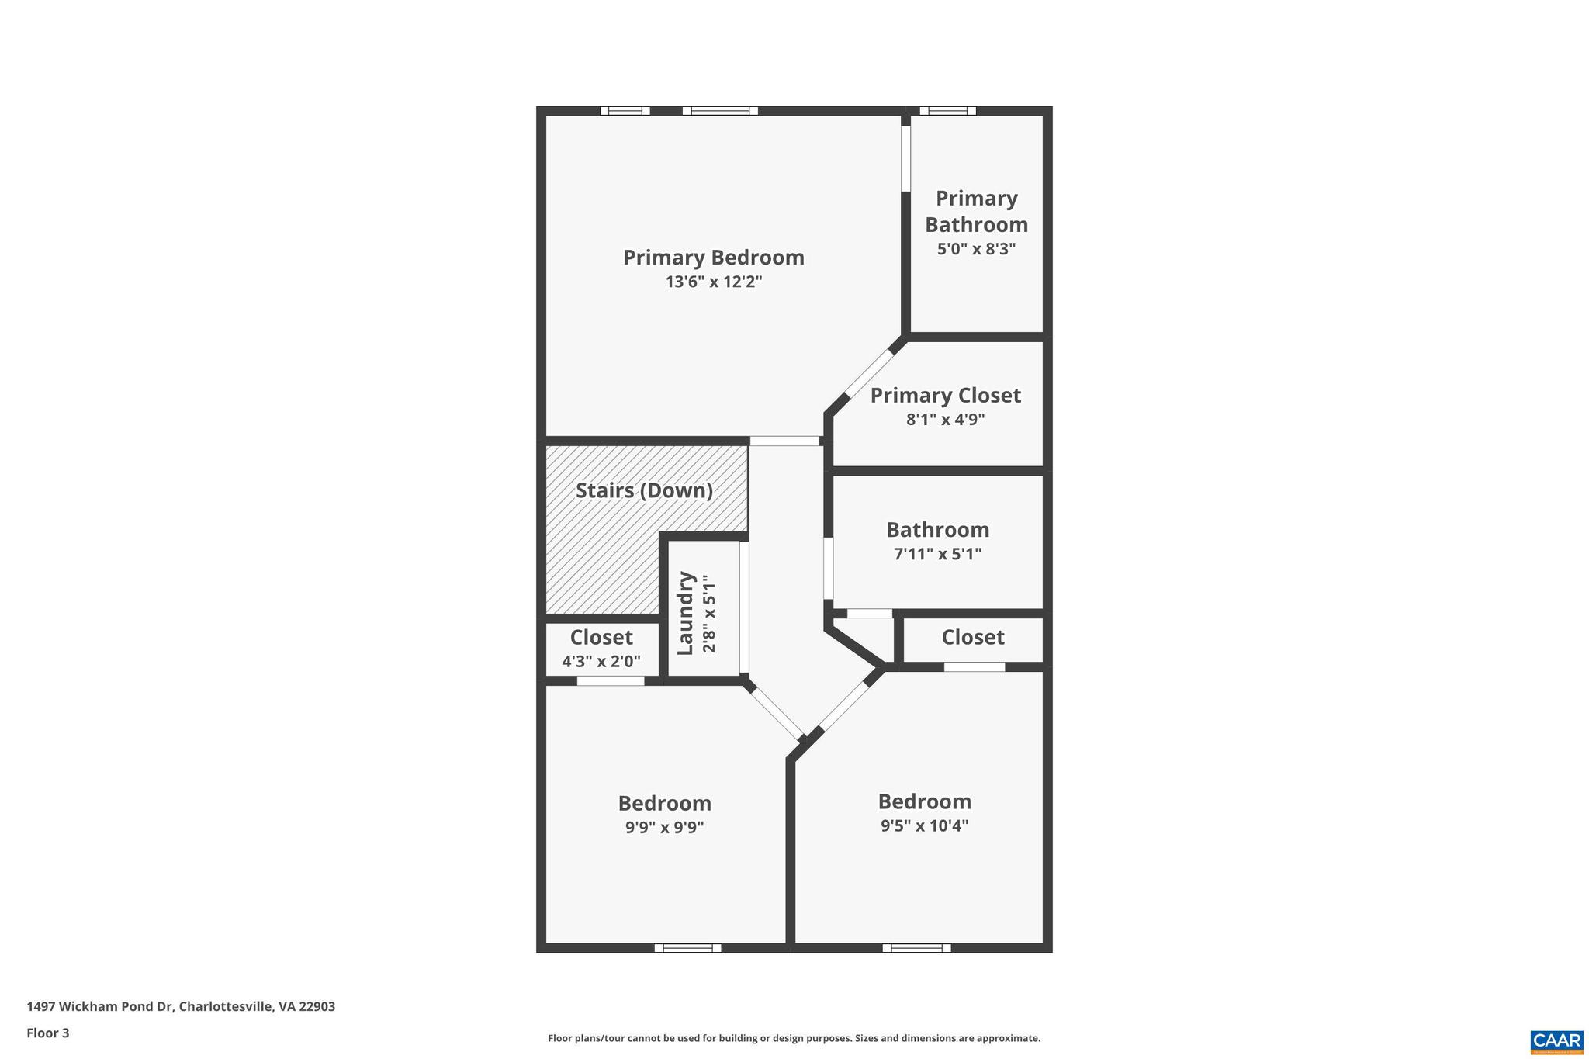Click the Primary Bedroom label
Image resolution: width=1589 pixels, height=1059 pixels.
(x=713, y=258)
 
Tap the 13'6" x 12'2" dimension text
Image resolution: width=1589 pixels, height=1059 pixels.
(x=713, y=282)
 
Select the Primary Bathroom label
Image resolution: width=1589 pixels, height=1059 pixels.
(x=976, y=211)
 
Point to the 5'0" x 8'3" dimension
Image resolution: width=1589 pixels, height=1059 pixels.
(x=976, y=249)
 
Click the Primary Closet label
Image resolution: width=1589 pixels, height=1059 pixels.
(x=945, y=396)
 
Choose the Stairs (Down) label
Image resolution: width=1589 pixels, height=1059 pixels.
(x=644, y=490)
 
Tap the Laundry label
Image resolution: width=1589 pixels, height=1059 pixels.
(x=685, y=613)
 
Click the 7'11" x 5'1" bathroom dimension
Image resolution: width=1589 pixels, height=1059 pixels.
(x=937, y=554)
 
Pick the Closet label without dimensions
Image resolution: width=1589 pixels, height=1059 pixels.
(x=973, y=638)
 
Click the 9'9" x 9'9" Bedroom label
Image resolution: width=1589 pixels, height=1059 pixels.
(x=664, y=803)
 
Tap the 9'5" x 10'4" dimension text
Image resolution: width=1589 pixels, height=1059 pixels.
(x=924, y=825)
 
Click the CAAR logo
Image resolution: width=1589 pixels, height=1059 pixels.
(x=1556, y=1042)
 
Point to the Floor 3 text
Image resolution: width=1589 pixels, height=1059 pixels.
(x=48, y=1033)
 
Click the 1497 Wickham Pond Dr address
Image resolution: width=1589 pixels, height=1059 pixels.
(x=181, y=1006)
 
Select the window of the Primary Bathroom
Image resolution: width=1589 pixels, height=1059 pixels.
(x=947, y=111)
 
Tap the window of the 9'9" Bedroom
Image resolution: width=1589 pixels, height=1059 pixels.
(x=688, y=947)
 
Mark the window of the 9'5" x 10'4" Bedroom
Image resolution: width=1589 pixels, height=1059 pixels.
(x=916, y=947)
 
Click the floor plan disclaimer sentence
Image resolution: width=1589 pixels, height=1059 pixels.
(x=794, y=1038)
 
